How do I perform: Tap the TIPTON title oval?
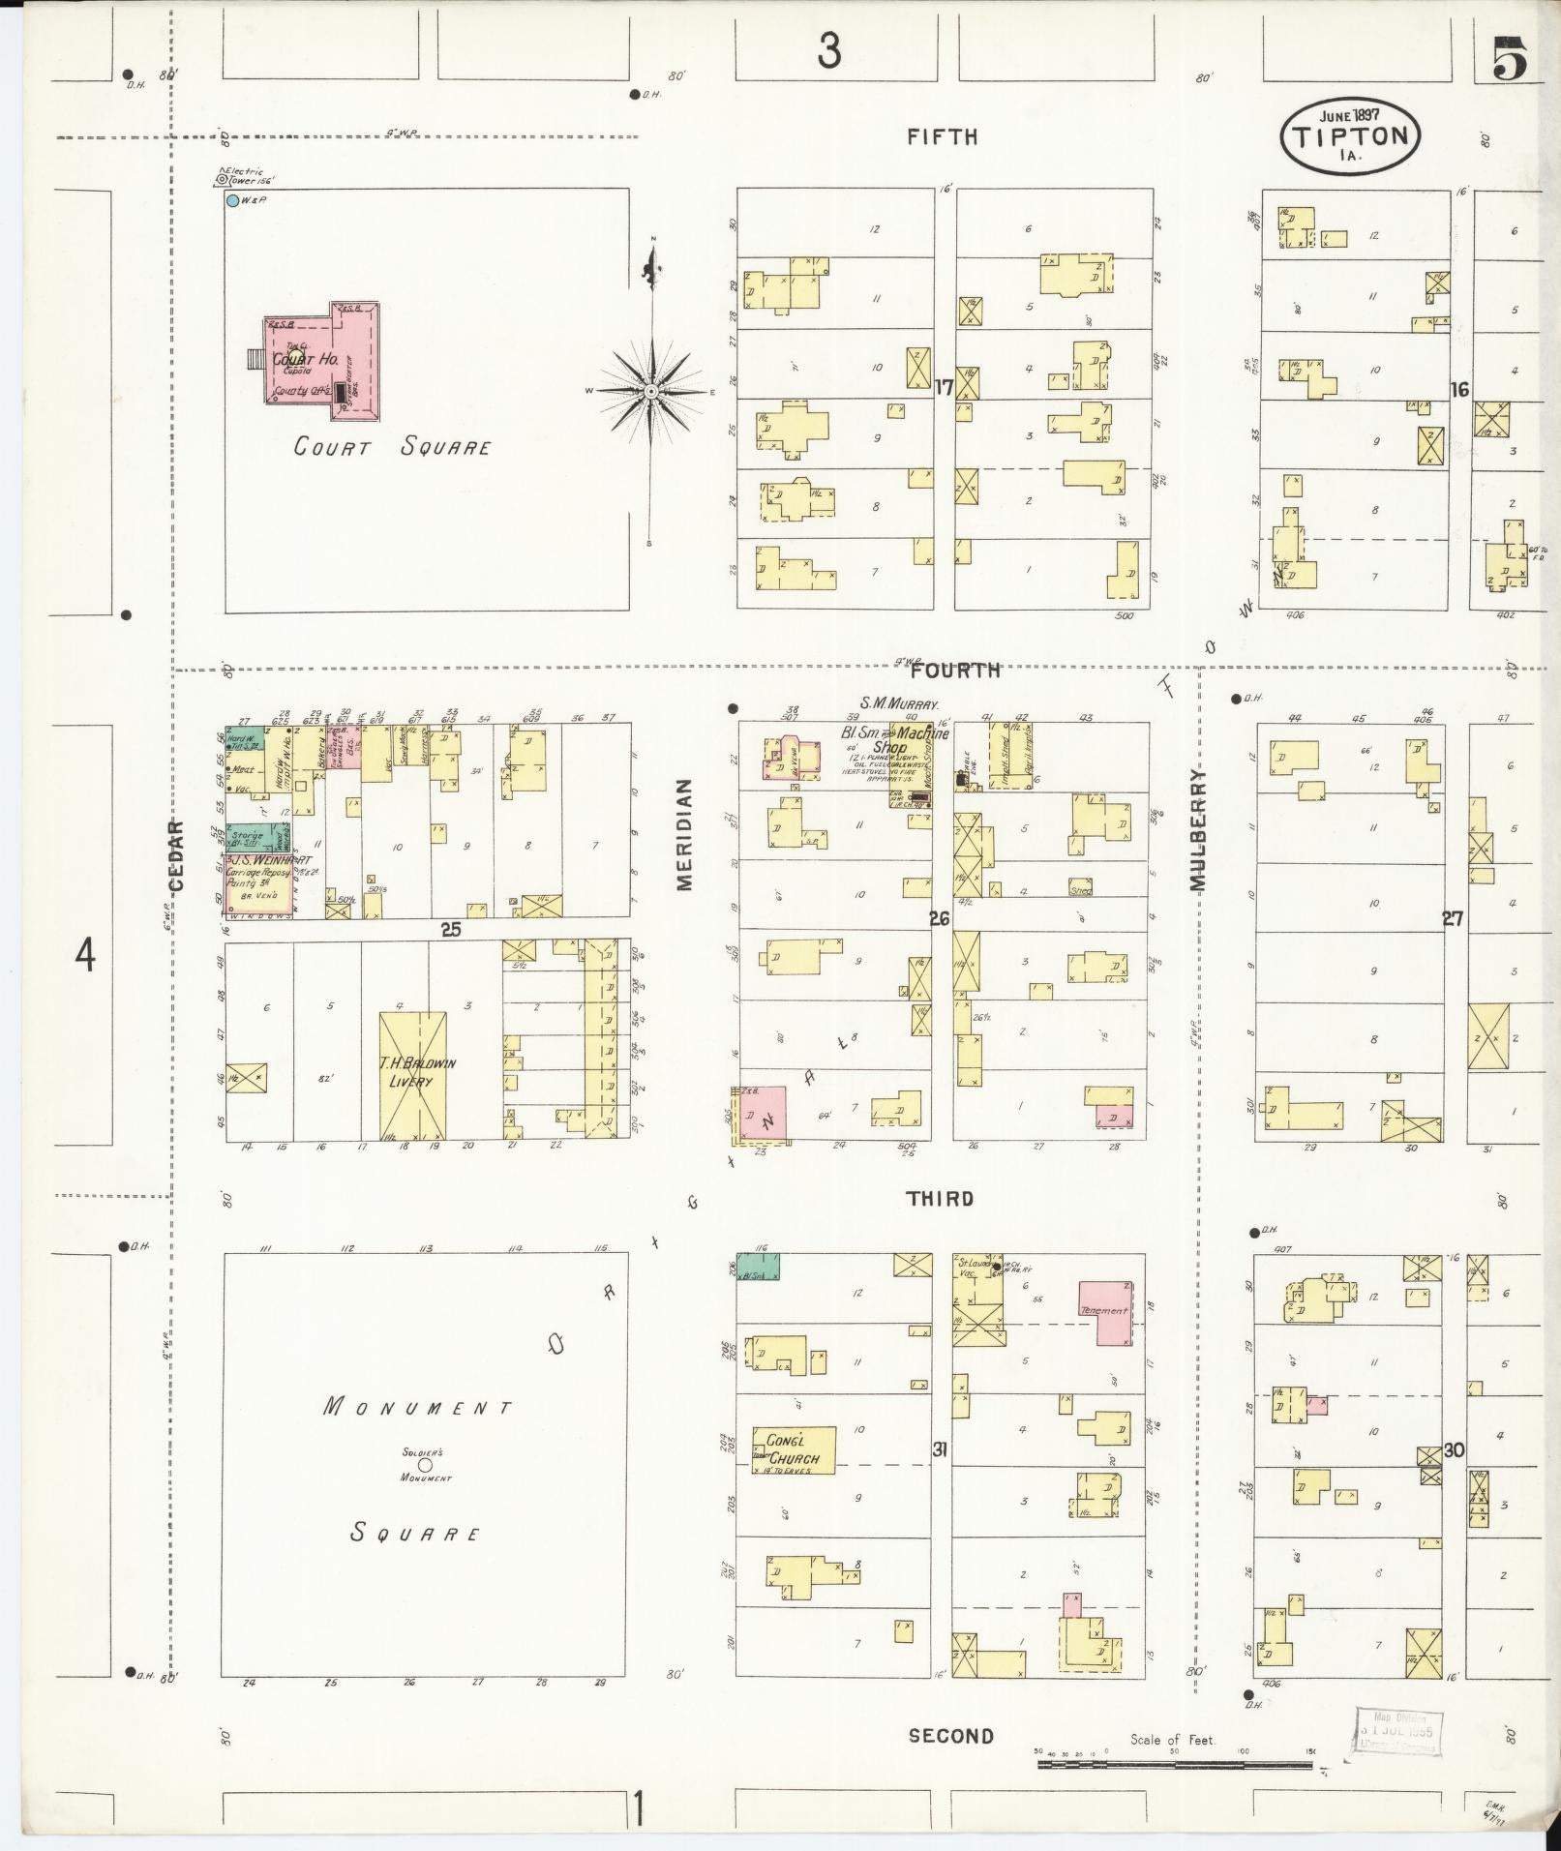(1350, 136)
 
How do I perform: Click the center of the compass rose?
(652, 391)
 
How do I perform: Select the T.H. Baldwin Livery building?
(412, 1074)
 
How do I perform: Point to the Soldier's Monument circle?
(424, 1465)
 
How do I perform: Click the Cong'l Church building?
(794, 1450)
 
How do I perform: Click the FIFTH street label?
(942, 137)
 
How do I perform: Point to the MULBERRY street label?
(1198, 829)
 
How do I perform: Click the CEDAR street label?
(175, 855)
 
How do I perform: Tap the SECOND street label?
(950, 1736)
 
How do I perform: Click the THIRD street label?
(940, 1199)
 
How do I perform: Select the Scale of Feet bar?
(1174, 1764)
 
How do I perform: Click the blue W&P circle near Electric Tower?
(232, 201)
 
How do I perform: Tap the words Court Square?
(392, 447)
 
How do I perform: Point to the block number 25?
(450, 930)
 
